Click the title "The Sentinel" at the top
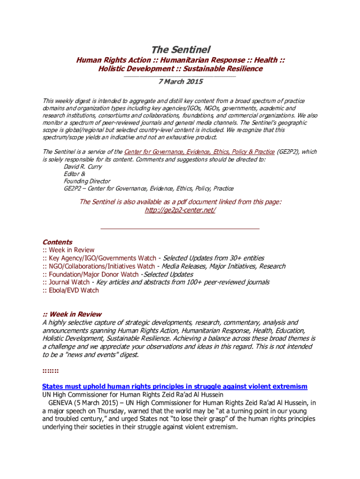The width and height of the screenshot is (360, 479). (180, 50)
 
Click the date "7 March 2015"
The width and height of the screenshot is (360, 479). (180, 81)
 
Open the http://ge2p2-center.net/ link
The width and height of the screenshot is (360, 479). (180, 210)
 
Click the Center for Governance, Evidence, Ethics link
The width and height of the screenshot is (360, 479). (199, 152)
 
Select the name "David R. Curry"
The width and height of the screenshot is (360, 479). (83, 167)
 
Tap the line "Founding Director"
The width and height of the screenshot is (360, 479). (87, 181)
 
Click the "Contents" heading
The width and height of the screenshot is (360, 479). (57, 242)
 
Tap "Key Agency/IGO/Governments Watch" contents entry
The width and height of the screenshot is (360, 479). (102, 258)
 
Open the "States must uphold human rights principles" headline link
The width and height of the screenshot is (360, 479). (175, 386)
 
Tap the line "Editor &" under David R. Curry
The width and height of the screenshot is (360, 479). (75, 174)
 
